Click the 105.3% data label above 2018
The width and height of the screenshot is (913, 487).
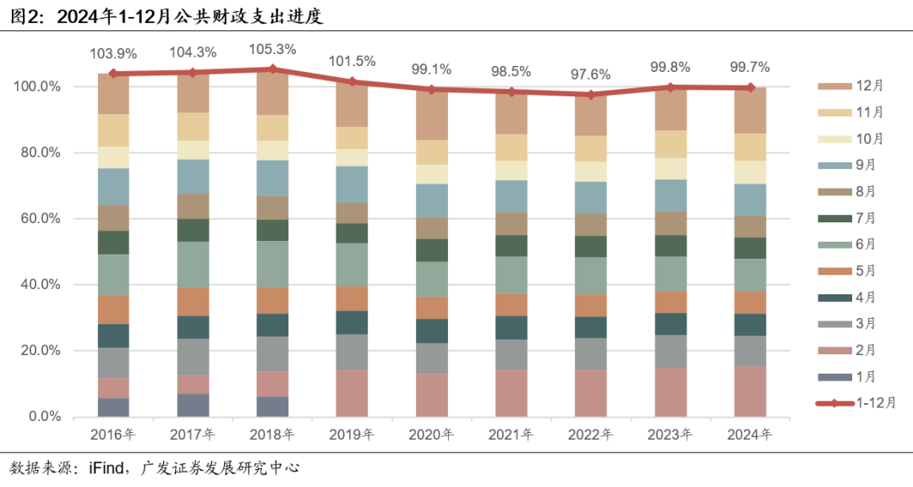[272, 50]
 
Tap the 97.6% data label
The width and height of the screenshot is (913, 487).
[590, 74]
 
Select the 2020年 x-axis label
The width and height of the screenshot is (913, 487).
[431, 435]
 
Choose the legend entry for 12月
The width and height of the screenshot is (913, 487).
[869, 85]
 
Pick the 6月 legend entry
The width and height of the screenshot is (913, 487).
[866, 244]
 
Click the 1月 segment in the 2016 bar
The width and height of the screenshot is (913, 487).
[113, 408]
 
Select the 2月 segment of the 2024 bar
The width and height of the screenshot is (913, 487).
[750, 391]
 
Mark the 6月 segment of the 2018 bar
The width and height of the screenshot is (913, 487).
[272, 264]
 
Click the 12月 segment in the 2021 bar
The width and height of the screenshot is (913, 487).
[511, 113]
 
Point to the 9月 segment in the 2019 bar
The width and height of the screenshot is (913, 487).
[352, 184]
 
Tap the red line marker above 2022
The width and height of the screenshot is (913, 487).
[590, 95]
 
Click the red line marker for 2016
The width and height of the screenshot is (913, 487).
[113, 74]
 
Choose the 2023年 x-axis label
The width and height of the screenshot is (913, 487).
[670, 435]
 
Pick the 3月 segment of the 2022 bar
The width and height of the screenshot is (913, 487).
[590, 353]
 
